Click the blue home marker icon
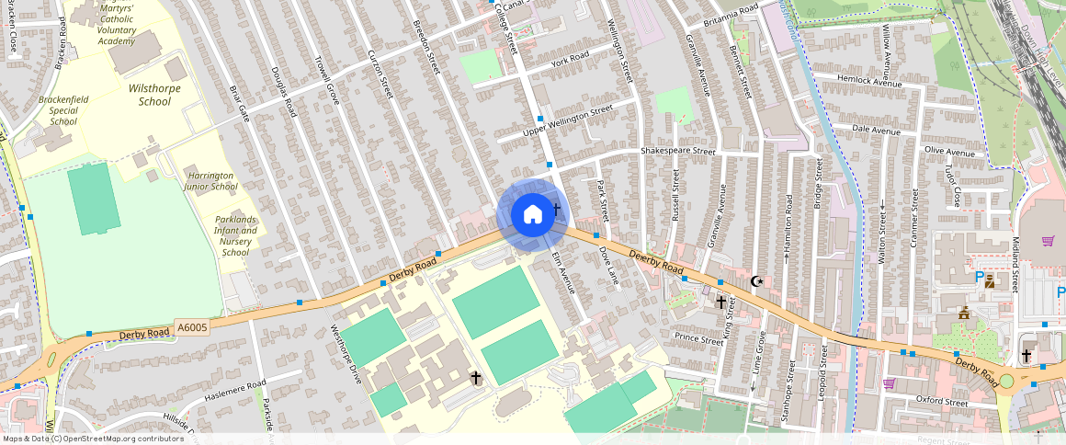[532, 215]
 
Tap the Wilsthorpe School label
[154, 95]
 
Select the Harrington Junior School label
[211, 180]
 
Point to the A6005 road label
[193, 327]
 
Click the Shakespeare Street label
[677, 150]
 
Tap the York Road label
[570, 59]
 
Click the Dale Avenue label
[876, 131]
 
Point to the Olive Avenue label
[948, 151]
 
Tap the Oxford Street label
[942, 402]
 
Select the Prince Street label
[699, 339]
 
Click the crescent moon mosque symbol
[756, 280]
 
